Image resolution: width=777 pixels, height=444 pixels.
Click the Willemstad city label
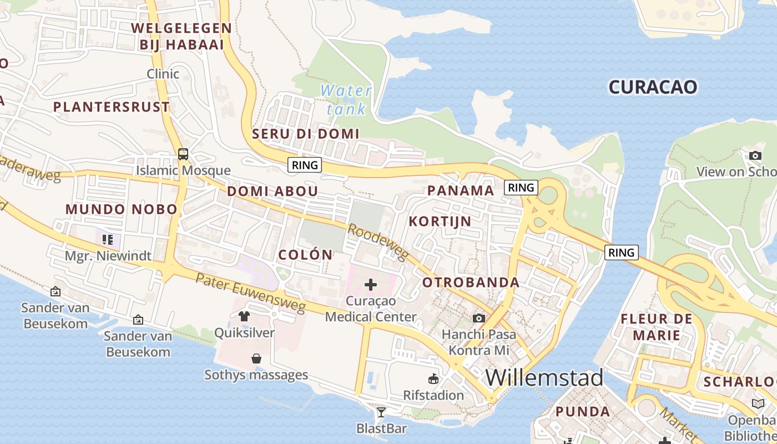point(544,378)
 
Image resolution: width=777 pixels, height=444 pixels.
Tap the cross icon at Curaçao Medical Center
point(370,285)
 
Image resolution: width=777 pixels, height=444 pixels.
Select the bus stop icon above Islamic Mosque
point(183,154)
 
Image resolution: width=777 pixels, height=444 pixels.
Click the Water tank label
point(346,99)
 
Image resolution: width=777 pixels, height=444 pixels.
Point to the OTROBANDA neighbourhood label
point(471,282)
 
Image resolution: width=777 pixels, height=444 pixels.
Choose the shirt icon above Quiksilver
point(244,316)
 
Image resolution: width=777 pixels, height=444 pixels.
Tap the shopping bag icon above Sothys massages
point(256,359)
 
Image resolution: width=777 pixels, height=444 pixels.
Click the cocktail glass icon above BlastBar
point(381,412)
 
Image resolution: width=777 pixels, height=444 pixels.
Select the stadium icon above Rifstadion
point(433,379)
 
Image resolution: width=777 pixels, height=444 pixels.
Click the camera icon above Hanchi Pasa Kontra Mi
point(478,318)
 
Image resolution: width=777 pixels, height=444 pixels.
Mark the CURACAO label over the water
point(653,87)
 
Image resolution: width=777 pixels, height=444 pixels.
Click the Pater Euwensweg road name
point(251,292)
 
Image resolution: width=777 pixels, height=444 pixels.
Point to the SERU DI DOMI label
point(306,134)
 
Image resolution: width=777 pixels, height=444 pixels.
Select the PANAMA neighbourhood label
point(460,191)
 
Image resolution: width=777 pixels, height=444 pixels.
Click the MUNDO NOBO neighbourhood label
point(121,210)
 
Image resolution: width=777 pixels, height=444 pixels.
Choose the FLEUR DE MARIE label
point(657,327)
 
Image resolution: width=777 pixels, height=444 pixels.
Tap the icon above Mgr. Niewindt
point(108,240)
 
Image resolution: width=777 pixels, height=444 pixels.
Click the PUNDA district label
point(583,412)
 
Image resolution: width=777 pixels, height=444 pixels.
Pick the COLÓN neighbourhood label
point(305,255)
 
